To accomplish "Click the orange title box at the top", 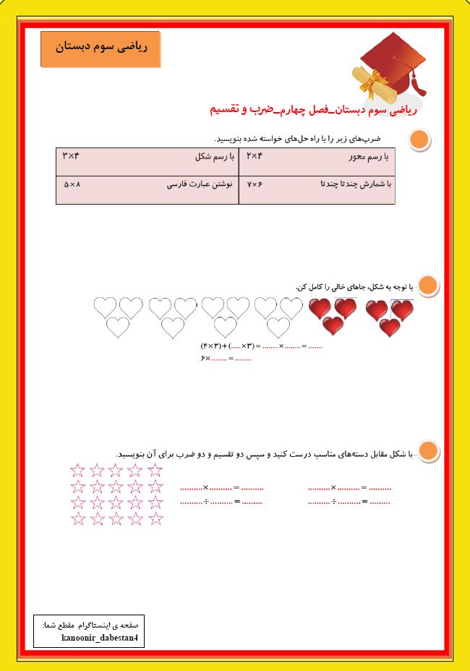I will (x=101, y=48).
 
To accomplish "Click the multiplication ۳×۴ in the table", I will (x=70, y=155).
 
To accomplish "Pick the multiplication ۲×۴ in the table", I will (x=254, y=155).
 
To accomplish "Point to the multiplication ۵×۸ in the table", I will (x=72, y=184).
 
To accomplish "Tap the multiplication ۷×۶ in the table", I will (x=255, y=184).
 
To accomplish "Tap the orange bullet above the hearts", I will (x=429, y=286).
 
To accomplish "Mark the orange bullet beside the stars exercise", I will (x=429, y=451).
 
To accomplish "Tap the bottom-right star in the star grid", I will (x=155, y=518).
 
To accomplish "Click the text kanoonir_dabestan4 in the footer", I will (x=96, y=637).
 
